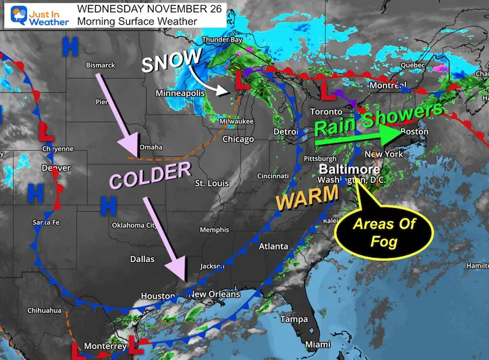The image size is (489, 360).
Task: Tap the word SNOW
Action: pos(171,62)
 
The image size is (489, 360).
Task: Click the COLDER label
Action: pos(151,175)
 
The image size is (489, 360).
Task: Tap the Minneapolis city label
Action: pos(180,93)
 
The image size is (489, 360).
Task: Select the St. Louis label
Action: pos(209,184)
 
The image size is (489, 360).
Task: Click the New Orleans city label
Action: pos(214,294)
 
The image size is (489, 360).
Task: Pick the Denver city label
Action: pos(56,168)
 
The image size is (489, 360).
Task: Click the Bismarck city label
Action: pos(100,65)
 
